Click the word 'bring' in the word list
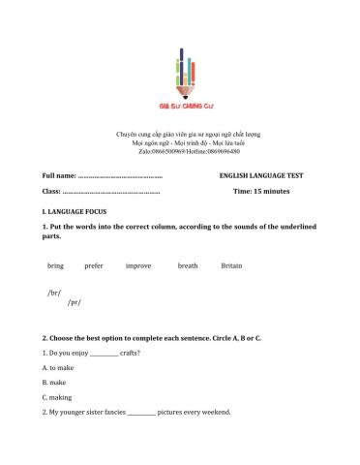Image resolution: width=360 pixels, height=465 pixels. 55,265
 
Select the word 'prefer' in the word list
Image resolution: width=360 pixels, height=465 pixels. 94,265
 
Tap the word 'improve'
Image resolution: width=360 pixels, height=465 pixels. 137,265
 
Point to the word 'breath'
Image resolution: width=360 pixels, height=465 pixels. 188,265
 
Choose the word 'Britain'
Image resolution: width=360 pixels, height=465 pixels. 231,265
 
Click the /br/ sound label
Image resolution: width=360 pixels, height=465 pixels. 54,292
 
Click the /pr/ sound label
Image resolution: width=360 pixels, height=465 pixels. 74,302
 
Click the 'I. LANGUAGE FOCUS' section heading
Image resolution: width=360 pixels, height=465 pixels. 75,210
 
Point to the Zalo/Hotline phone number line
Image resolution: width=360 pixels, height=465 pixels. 179,151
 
